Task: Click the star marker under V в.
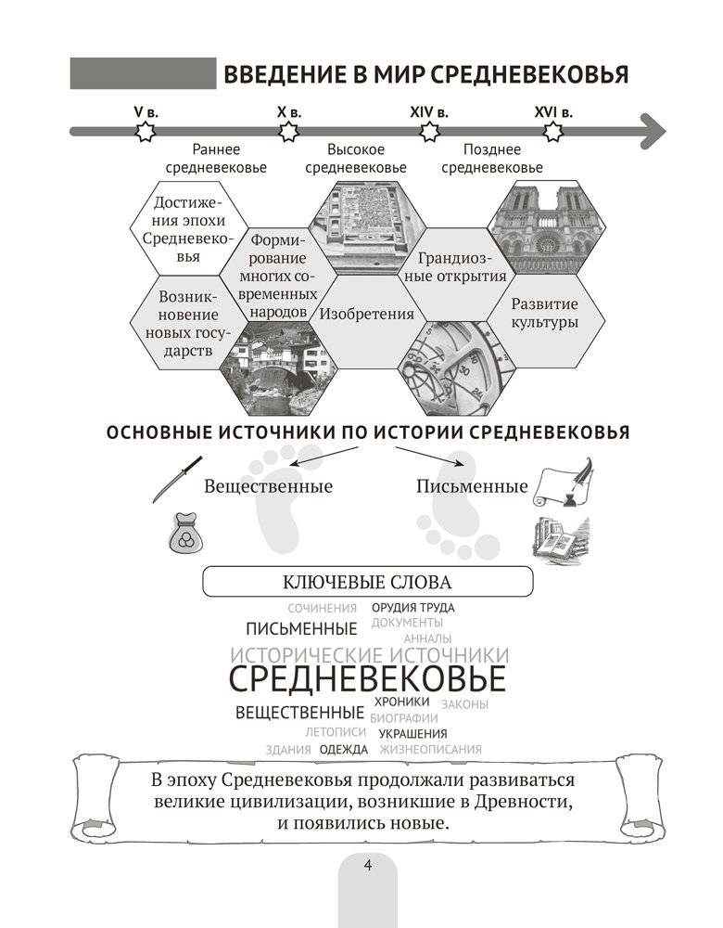(x=145, y=132)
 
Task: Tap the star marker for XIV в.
(x=428, y=132)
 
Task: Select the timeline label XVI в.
(x=553, y=111)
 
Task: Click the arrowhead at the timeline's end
(x=652, y=131)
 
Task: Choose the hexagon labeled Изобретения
(x=366, y=314)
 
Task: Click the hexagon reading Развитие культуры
(x=544, y=314)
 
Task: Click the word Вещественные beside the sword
(x=268, y=485)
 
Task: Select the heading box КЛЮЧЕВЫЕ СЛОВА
(x=368, y=583)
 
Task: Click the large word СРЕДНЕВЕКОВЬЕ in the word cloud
(x=366, y=678)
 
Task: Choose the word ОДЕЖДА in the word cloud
(x=343, y=750)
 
